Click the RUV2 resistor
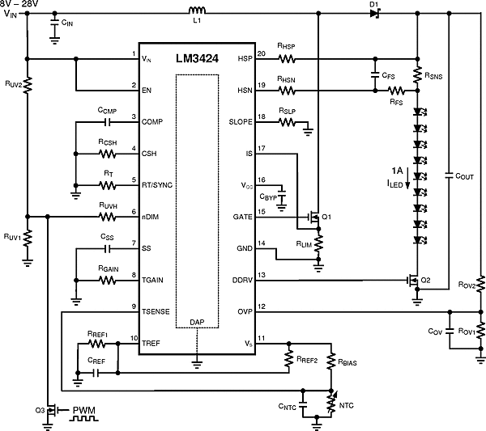27,83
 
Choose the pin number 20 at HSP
261,54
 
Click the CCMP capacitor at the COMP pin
108,122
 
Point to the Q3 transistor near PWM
50,409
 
